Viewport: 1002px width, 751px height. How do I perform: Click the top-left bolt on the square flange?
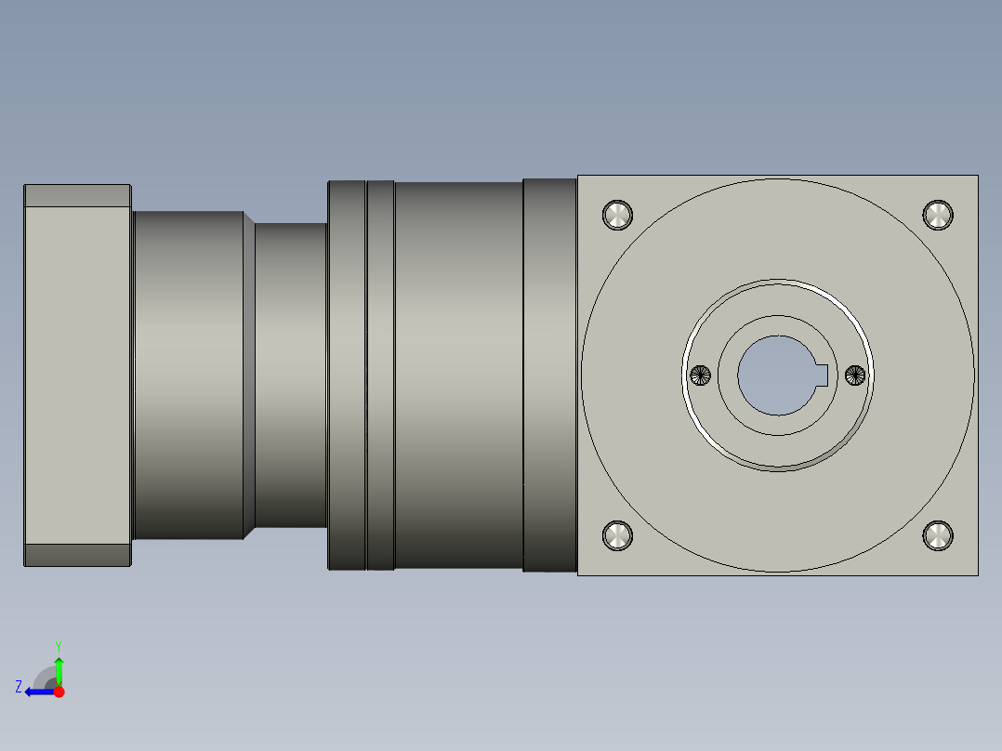[617, 215]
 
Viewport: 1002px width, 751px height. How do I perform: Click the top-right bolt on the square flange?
[938, 215]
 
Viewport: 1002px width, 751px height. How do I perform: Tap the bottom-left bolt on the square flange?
[617, 535]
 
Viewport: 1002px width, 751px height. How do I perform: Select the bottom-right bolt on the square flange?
[938, 535]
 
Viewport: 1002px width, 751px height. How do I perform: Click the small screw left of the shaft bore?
[701, 375]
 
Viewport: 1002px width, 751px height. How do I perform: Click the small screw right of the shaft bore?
[855, 375]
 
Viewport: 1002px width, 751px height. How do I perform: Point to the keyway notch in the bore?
[822, 375]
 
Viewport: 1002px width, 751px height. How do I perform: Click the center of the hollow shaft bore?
[778, 375]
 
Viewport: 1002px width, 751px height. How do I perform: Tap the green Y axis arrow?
[59, 672]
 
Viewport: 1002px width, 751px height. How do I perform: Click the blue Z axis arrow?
[41, 692]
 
